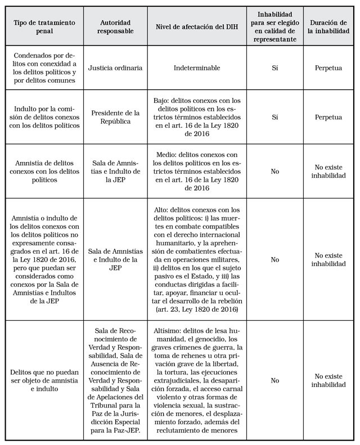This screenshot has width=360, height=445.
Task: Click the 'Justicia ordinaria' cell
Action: coord(115,68)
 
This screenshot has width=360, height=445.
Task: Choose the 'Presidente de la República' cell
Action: coord(115,118)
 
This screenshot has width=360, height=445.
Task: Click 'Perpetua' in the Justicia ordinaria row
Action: coord(328,68)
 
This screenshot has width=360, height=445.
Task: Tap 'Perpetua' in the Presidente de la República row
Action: coord(328,118)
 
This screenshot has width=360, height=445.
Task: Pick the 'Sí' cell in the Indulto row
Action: coord(274,118)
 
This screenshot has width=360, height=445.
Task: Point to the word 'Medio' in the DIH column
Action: coord(165,155)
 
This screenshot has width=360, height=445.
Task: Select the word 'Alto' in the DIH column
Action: coord(162,210)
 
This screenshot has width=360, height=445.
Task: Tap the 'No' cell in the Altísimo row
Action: coord(274,380)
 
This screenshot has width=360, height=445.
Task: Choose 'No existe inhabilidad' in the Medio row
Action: coord(328,171)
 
